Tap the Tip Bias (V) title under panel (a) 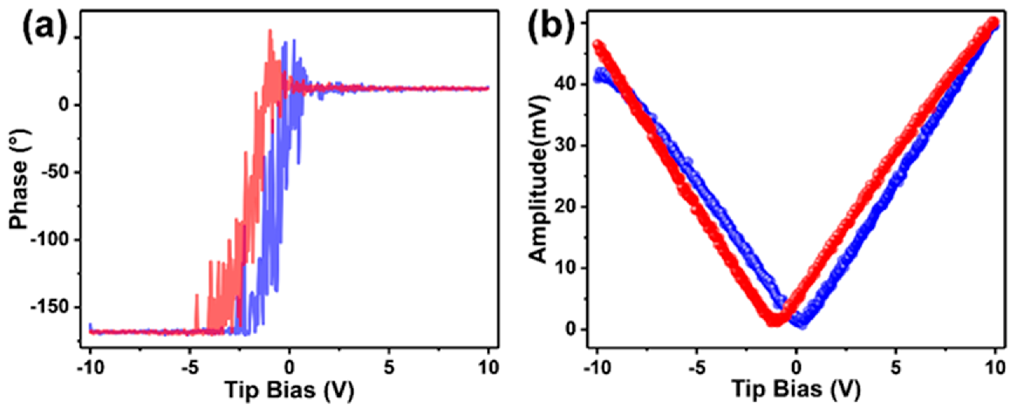289,390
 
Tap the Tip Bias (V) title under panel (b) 796,390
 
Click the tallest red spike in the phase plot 270,31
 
